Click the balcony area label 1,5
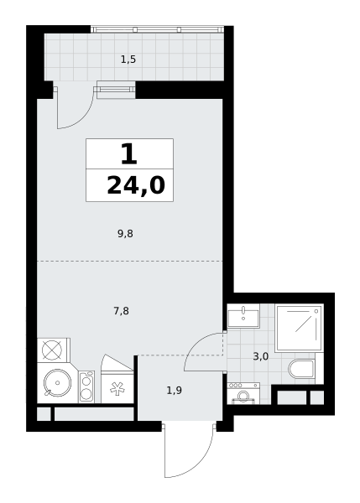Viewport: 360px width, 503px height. (x=128, y=60)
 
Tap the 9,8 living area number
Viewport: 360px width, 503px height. (x=125, y=234)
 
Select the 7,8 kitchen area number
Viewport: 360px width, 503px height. (x=122, y=311)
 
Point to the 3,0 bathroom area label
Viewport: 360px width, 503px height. (x=260, y=356)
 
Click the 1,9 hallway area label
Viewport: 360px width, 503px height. (x=175, y=391)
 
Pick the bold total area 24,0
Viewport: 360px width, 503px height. (x=136, y=186)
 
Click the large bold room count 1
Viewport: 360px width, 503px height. (x=129, y=154)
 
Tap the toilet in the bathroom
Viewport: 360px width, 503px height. (x=302, y=369)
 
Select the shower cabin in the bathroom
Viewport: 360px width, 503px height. (x=299, y=328)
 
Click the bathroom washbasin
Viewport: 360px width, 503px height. (x=243, y=316)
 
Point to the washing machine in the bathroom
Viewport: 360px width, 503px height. (x=243, y=393)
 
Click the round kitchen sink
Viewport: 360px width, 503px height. (x=58, y=383)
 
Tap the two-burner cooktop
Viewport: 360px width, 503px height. (x=86, y=386)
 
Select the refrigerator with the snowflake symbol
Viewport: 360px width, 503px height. (x=117, y=386)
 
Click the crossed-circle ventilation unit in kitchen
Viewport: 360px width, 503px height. (x=52, y=350)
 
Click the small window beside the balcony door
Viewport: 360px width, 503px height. (x=116, y=89)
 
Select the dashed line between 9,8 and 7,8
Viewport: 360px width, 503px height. (x=130, y=261)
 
